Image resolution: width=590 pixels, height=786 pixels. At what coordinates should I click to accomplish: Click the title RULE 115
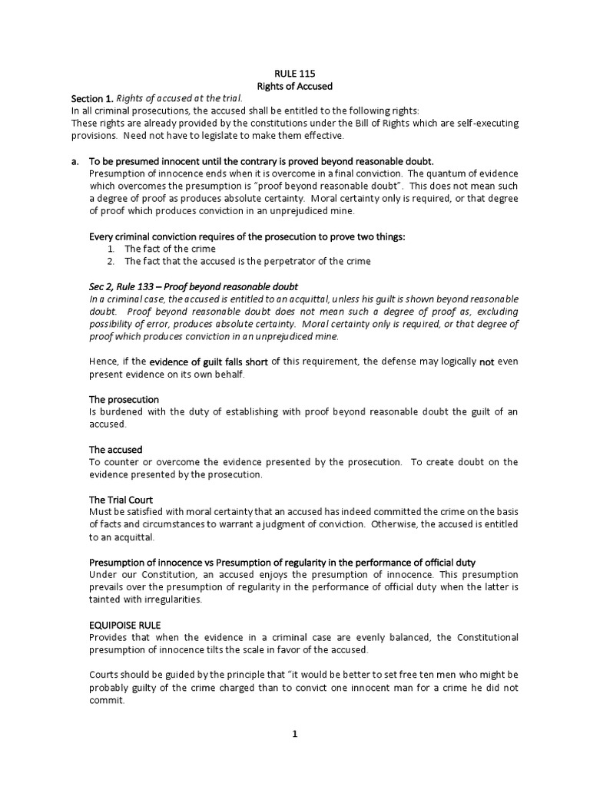294,74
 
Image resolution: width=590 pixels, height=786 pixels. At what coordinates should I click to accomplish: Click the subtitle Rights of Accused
294,86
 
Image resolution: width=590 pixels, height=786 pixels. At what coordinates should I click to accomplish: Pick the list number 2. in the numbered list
111,261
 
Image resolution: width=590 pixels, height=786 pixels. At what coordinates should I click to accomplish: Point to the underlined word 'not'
486,362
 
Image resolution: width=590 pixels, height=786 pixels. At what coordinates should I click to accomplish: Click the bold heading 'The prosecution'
124,399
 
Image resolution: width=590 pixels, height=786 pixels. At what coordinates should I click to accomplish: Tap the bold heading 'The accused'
116,449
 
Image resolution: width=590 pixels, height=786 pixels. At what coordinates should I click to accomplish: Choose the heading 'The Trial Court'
121,500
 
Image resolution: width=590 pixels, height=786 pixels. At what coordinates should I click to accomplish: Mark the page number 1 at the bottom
294,734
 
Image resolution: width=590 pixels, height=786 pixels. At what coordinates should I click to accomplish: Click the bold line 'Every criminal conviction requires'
247,236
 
